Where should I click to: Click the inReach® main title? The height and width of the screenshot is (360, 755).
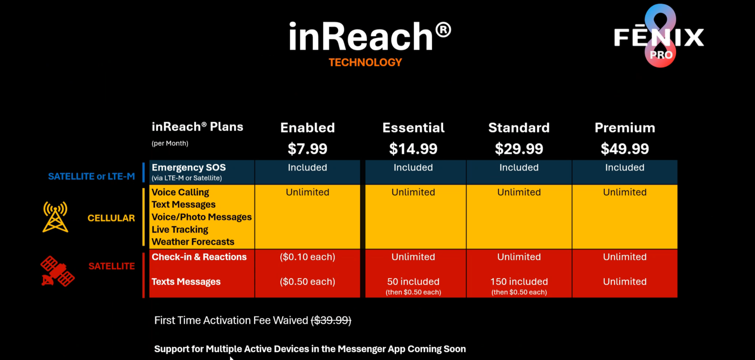370,36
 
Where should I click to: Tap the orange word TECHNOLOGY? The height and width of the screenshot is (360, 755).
365,62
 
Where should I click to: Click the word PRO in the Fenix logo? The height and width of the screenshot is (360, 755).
661,55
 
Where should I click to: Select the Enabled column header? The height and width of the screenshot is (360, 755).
307,128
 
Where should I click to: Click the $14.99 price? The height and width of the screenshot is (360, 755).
413,149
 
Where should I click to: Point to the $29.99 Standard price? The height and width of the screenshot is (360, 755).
519,149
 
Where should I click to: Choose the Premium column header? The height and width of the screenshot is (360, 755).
625,128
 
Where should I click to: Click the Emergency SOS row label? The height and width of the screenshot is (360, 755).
189,167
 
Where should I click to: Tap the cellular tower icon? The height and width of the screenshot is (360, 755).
55,217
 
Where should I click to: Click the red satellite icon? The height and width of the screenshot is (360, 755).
58,271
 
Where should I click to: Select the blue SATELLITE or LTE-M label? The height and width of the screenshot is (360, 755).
91,176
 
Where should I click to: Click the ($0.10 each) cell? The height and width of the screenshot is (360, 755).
307,257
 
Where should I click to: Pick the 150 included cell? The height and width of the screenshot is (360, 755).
519,281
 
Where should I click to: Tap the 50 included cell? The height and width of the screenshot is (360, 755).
413,281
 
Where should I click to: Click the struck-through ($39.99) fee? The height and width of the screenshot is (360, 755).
331,320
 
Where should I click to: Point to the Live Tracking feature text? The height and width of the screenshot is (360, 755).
180,229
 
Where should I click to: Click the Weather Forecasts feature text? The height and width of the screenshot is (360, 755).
193,242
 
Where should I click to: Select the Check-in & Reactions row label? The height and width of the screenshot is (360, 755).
199,257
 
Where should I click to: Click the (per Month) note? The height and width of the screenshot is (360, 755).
170,143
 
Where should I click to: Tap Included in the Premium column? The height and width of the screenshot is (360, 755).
625,167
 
